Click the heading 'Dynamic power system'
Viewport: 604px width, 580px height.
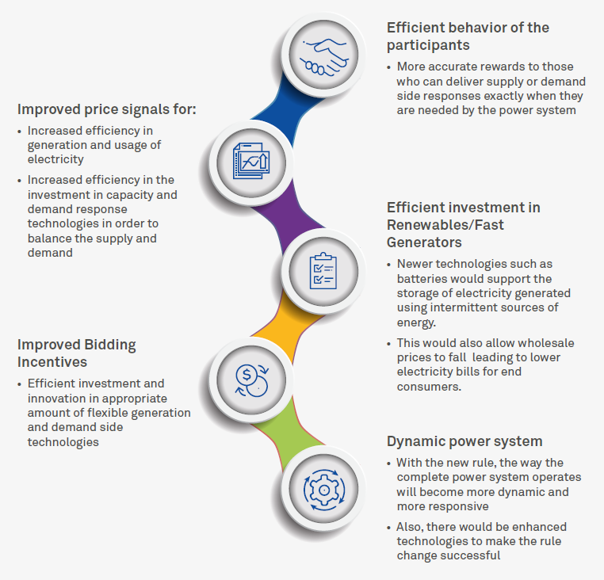[x=464, y=441]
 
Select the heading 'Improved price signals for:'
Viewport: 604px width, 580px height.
[x=107, y=109]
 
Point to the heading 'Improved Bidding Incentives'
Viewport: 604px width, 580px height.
[x=77, y=353]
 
